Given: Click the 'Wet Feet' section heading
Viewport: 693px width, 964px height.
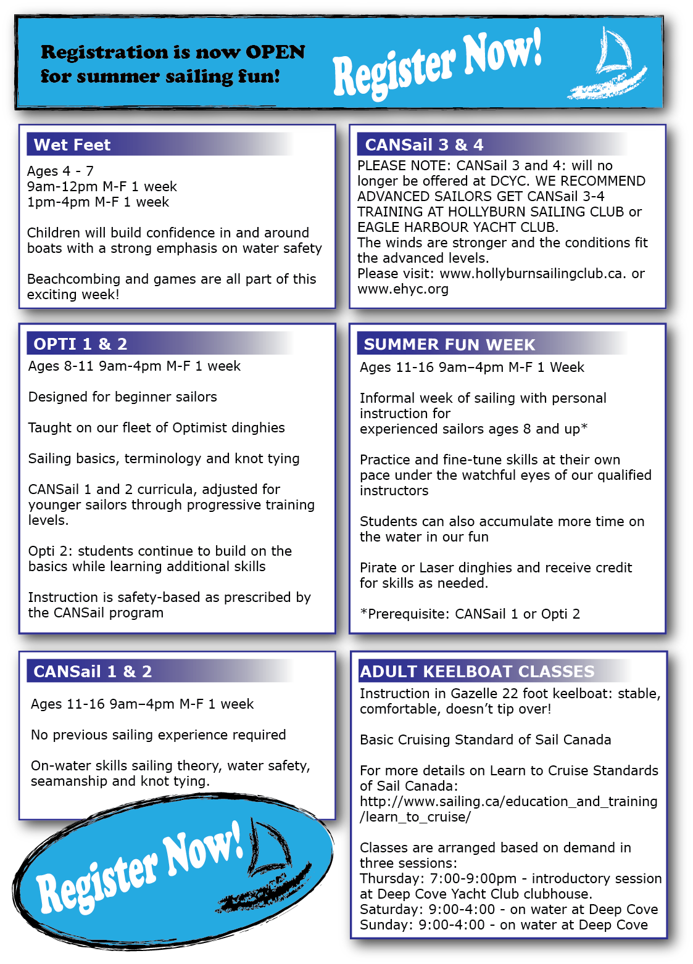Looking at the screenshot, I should tap(72, 145).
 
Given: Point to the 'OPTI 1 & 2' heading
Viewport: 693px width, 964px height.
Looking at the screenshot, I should tap(80, 344).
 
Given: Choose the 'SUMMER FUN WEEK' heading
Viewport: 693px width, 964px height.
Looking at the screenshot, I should tap(449, 345).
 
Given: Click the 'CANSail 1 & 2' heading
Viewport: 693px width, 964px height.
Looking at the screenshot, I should tap(93, 672).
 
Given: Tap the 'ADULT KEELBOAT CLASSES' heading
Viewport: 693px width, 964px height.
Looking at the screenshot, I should tap(477, 672).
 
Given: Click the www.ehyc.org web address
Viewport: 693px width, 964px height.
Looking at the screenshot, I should tap(403, 289).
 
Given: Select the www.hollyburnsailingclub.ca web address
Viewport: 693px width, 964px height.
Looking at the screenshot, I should tap(531, 274).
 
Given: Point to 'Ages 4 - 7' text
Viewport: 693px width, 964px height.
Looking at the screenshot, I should tap(60, 171).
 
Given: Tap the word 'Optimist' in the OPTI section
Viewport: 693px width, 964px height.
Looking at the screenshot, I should tap(197, 428).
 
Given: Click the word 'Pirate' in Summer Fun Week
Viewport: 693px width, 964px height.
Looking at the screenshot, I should tap(379, 568).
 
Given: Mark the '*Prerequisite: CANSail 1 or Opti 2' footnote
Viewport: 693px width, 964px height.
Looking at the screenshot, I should tap(470, 614).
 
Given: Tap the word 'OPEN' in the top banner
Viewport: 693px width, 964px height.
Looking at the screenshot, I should tap(275, 52).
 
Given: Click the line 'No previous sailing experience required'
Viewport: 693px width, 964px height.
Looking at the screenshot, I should tap(159, 735).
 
